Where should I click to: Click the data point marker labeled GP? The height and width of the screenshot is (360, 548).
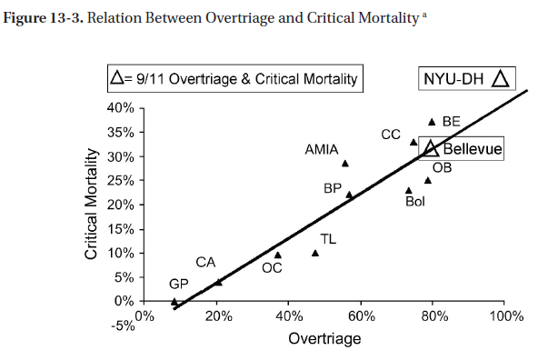click(174, 301)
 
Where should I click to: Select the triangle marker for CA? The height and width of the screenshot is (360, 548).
click(218, 282)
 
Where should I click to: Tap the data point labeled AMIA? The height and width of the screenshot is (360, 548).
click(344, 164)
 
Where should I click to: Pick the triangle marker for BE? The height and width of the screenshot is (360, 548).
click(432, 122)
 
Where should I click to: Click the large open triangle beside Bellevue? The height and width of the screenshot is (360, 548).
click(432, 148)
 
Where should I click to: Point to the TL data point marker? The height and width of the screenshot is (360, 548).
click(315, 253)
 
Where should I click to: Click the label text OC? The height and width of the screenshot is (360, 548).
click(272, 268)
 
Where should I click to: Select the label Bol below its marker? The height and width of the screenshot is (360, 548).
click(414, 202)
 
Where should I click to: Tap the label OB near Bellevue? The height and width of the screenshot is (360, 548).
click(442, 167)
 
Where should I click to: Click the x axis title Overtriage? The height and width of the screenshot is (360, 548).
click(324, 339)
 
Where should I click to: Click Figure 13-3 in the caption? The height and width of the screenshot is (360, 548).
click(42, 21)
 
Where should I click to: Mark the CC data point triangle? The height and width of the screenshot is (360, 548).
click(413, 142)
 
